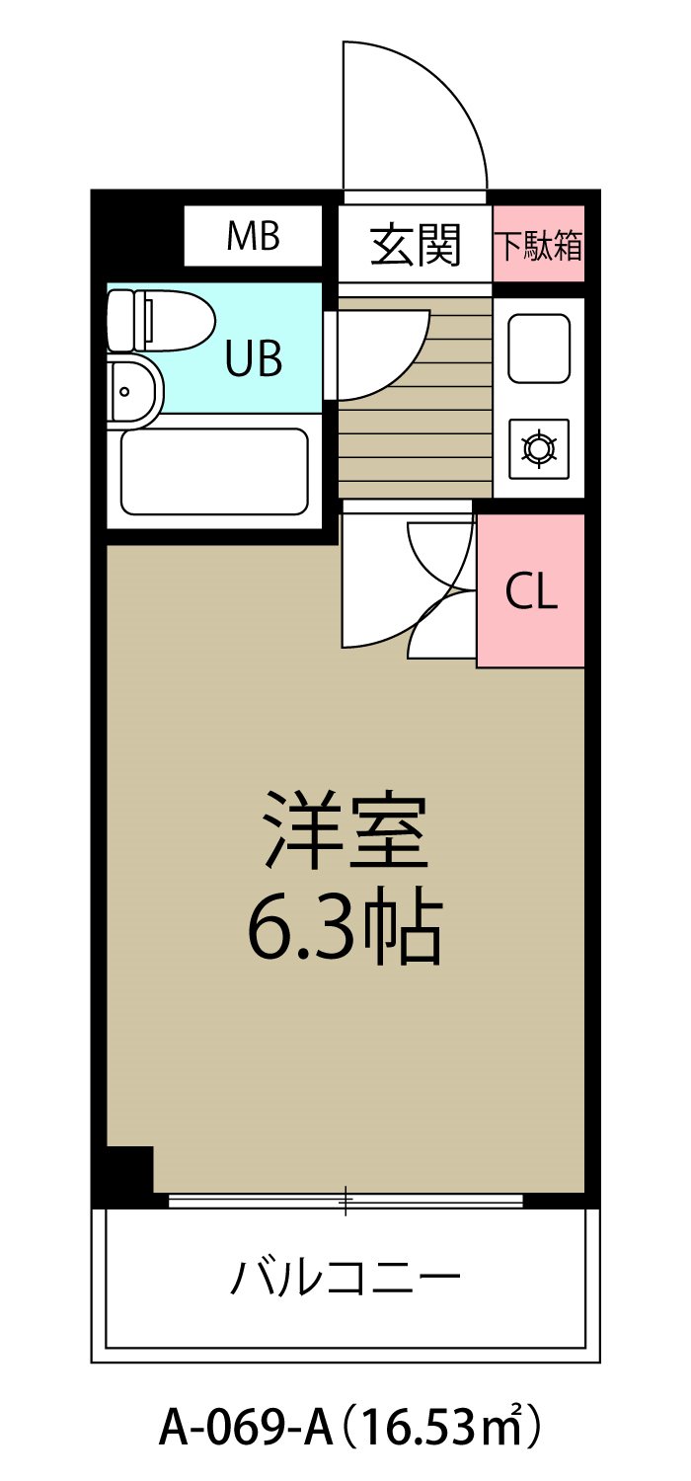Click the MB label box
pyautogui.click(x=253, y=236)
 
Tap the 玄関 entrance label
pyautogui.click(x=416, y=244)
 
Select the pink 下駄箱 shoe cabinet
pyautogui.click(x=538, y=244)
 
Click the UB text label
pyautogui.click(x=254, y=359)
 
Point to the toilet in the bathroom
pyautogui.click(x=163, y=320)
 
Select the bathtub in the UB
pyautogui.click(x=214, y=471)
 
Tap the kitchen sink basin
pyautogui.click(x=538, y=348)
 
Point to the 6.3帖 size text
pyautogui.click(x=344, y=929)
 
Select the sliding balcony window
pyautogui.click(x=345, y=1201)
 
